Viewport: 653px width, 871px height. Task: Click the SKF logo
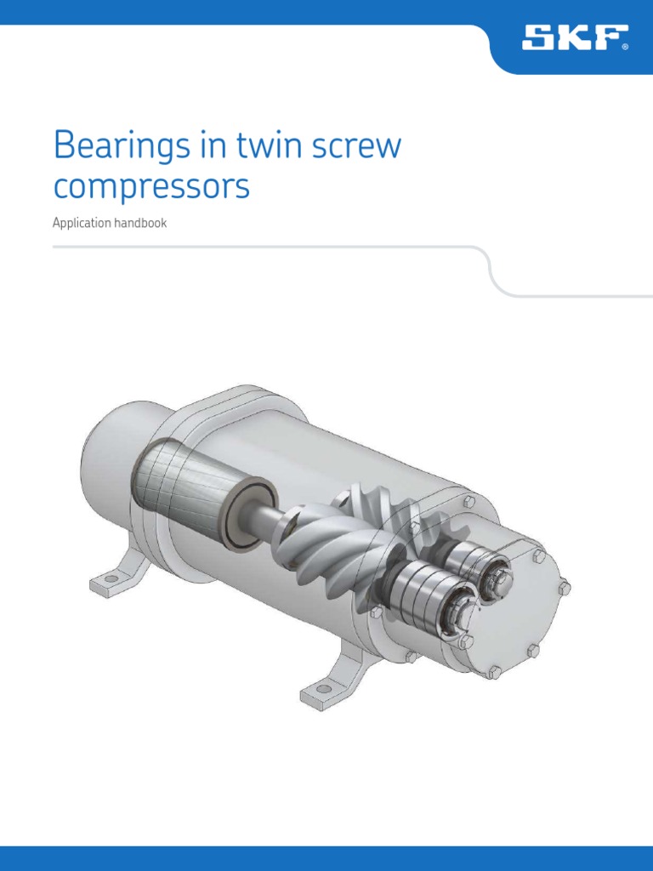click(572, 37)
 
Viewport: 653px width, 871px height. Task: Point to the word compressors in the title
click(151, 188)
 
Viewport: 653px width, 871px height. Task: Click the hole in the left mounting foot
click(106, 582)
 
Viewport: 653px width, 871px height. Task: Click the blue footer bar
click(326, 858)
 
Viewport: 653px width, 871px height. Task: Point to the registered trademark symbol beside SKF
click(626, 48)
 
